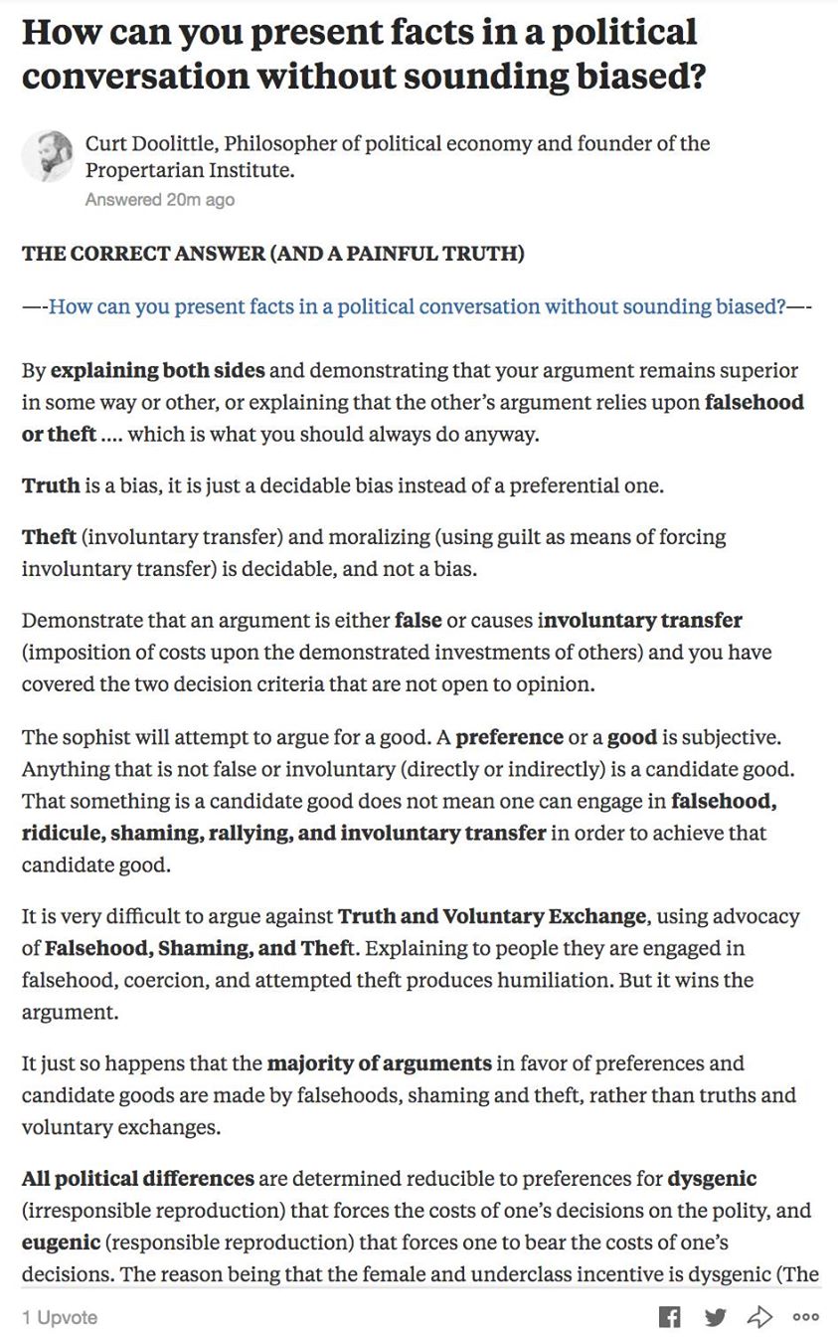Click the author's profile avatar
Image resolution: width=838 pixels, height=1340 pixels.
point(48,156)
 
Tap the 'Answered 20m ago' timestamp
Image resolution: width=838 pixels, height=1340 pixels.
point(160,200)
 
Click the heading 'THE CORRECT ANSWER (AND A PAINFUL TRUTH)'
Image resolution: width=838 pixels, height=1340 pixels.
point(272,253)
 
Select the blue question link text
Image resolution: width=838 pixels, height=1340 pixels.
point(418,306)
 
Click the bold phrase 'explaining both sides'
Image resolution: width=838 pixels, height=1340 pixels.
point(158,371)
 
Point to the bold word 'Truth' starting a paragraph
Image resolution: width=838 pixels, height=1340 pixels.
point(51,485)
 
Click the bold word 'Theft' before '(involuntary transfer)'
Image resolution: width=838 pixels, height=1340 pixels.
point(49,537)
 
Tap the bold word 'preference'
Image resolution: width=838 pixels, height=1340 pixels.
point(509,737)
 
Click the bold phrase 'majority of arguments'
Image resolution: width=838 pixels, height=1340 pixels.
point(379,1062)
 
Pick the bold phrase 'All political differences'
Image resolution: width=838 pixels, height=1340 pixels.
point(138,1179)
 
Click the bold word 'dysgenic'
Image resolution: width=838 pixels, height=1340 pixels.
point(712,1179)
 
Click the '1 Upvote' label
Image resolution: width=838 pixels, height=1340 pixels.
point(60,1317)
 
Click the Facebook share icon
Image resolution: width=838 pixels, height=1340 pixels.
point(670,1317)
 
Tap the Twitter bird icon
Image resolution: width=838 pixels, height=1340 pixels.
point(715,1317)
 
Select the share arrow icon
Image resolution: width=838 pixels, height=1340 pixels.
point(759,1317)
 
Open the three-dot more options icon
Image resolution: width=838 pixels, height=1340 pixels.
point(805,1317)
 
